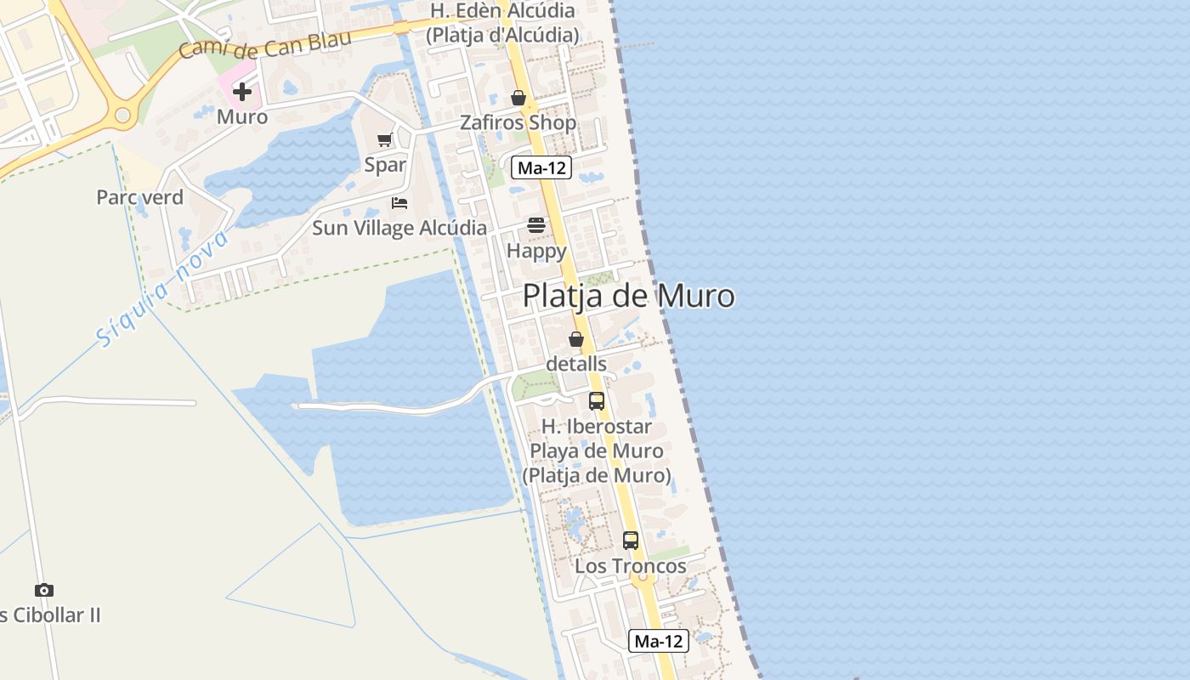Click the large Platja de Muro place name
628,296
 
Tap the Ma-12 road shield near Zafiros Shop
541,167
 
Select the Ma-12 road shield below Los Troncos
658,641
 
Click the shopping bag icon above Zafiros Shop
518,99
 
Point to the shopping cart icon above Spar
385,140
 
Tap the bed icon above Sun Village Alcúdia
399,203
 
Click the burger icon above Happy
536,225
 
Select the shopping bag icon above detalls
576,339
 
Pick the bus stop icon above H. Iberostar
597,401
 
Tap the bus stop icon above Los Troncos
630,540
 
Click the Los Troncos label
631,566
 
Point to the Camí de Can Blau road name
253,42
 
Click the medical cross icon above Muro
242,91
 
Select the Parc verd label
139,197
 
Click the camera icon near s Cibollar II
44,590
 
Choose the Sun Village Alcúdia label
399,228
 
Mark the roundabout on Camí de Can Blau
123,114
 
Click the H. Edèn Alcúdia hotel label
502,23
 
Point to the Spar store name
385,165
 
